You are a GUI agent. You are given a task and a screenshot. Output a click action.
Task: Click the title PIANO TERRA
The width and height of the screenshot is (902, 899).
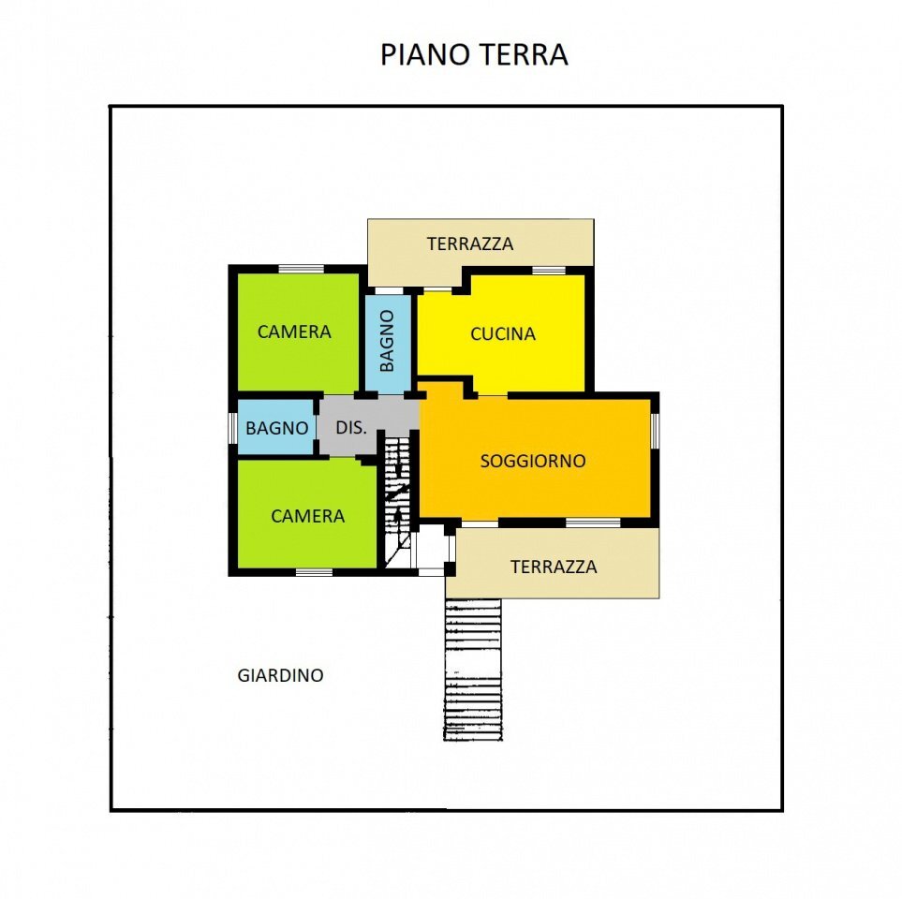coord(474,54)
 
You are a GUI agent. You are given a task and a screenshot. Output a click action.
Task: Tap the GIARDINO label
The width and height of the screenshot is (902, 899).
coord(280,674)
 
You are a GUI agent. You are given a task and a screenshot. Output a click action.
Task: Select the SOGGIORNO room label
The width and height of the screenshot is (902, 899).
coord(533,461)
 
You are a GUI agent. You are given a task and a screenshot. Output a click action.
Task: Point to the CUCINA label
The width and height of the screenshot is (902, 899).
coord(503,333)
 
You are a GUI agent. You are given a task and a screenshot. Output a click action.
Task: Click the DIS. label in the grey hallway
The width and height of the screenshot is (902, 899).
coord(350,427)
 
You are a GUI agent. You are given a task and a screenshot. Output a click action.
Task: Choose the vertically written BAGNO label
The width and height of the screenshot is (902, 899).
coord(388,340)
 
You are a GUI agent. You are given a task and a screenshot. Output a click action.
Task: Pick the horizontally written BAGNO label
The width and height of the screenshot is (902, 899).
coord(276,428)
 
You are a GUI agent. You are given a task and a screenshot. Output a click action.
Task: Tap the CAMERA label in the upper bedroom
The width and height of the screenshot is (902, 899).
coord(294,332)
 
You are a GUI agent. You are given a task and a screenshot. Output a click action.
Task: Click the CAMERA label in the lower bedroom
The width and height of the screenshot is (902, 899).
coord(307,516)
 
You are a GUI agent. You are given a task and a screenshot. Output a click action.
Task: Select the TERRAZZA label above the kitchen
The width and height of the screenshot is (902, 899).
coord(470,243)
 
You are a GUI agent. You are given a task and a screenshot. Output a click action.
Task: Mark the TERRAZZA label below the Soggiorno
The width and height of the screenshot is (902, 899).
coord(554,567)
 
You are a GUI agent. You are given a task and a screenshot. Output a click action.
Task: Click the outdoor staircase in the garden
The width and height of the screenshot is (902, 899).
coord(472,669)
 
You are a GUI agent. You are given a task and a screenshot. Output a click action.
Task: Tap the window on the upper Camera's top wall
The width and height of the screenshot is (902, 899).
coord(301,270)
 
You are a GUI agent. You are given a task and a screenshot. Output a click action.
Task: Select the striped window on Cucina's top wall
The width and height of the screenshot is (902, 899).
coord(549,271)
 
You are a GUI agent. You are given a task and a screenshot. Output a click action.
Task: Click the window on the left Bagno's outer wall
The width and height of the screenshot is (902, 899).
coord(233,427)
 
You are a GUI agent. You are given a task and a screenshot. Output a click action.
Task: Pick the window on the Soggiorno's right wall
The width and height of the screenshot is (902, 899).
coord(655,429)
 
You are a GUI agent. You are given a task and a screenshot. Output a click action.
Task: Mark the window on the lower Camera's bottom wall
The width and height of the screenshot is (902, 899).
coord(314,571)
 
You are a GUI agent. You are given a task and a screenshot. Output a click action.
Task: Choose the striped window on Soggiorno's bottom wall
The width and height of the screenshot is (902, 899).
coord(593,522)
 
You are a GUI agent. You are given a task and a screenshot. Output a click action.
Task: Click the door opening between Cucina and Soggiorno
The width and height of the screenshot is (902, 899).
coord(493,395)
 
